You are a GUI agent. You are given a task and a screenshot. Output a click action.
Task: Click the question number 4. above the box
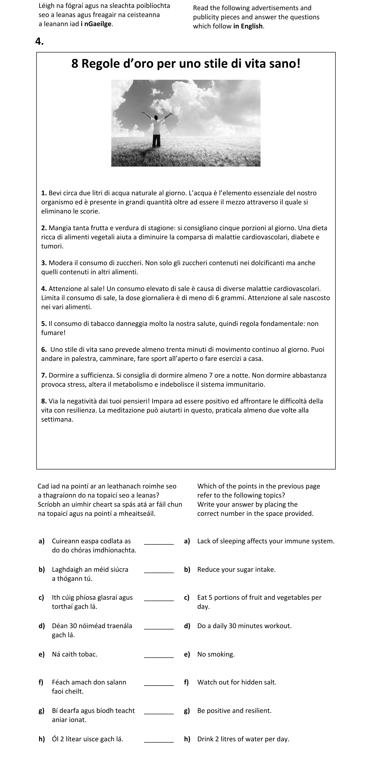(39, 42)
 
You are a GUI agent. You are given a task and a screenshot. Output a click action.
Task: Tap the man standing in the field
(156, 130)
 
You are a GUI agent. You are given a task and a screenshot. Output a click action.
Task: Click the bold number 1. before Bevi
(44, 193)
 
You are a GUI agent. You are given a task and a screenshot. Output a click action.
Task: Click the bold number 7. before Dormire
(44, 375)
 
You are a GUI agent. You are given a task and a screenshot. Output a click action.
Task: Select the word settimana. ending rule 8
(57, 420)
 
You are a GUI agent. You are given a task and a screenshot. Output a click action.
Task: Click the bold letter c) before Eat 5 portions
(187, 598)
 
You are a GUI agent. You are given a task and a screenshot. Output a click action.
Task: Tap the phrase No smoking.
(216, 654)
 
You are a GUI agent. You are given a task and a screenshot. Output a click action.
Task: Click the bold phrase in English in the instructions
(248, 26)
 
